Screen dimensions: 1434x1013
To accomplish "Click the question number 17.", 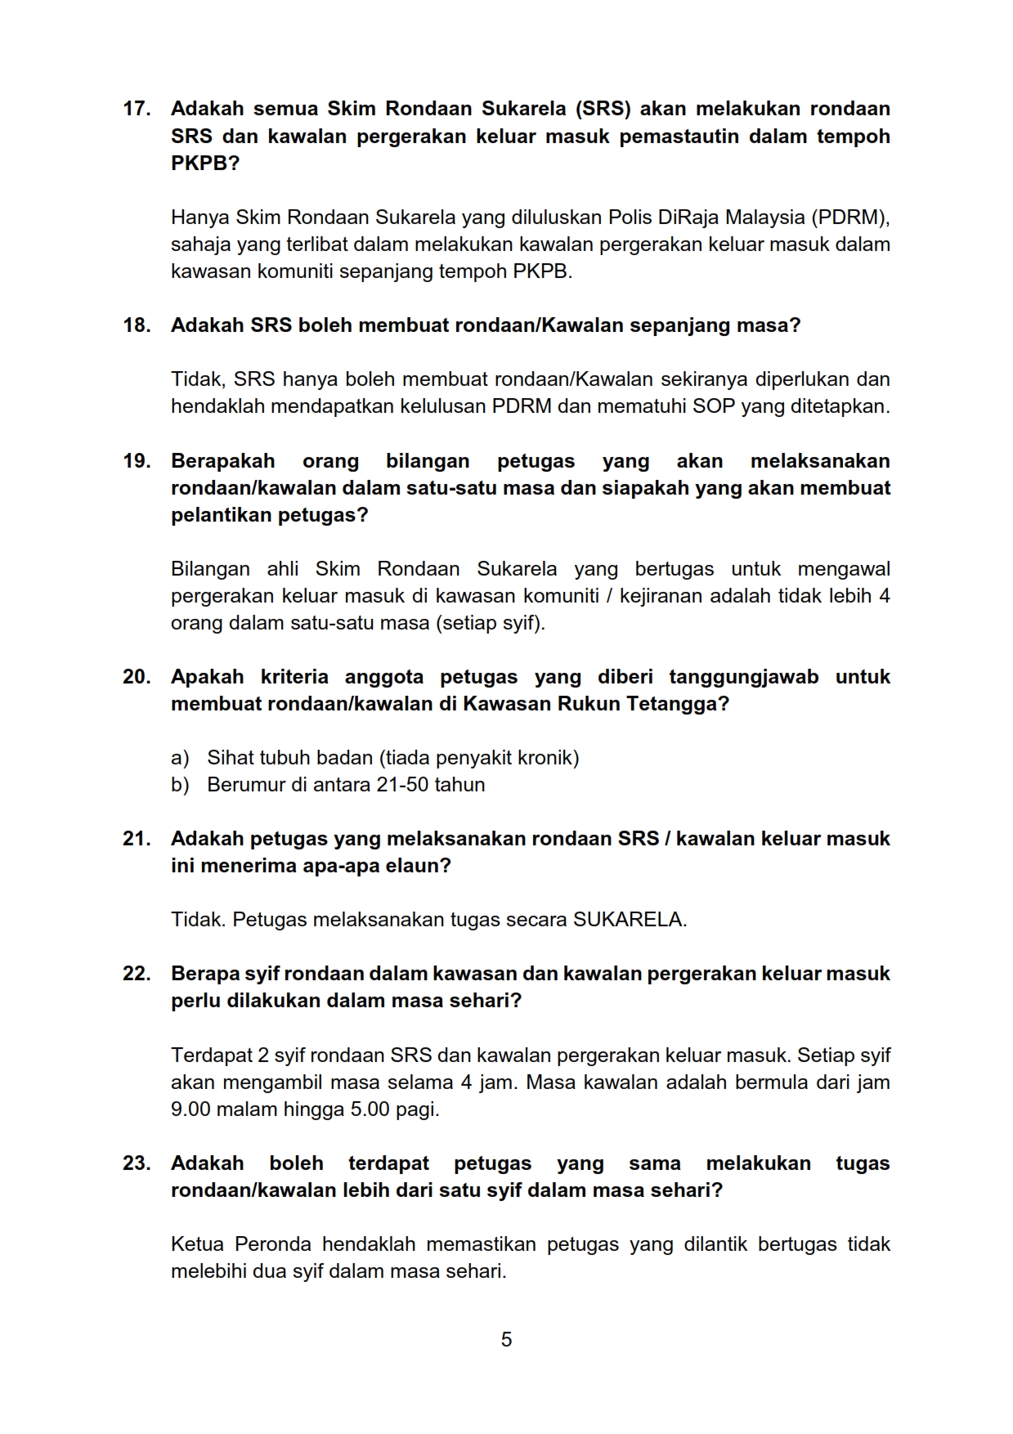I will tap(136, 109).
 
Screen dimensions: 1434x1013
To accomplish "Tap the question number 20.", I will tap(136, 677).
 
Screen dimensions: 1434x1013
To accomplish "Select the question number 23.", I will tap(136, 1163).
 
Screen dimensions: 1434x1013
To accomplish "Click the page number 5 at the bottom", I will tap(506, 1339).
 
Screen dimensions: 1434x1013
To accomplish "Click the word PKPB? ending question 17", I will tap(205, 163).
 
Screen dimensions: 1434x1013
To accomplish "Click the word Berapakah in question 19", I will tap(222, 461).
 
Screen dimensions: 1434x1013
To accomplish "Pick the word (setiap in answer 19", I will tap(466, 623).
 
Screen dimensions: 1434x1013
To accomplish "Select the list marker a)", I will tap(180, 758).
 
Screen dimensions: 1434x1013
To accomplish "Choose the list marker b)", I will tap(180, 785).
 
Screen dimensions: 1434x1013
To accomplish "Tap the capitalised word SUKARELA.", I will tap(630, 920).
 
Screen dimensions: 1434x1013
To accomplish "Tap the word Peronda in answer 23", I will tap(273, 1244).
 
